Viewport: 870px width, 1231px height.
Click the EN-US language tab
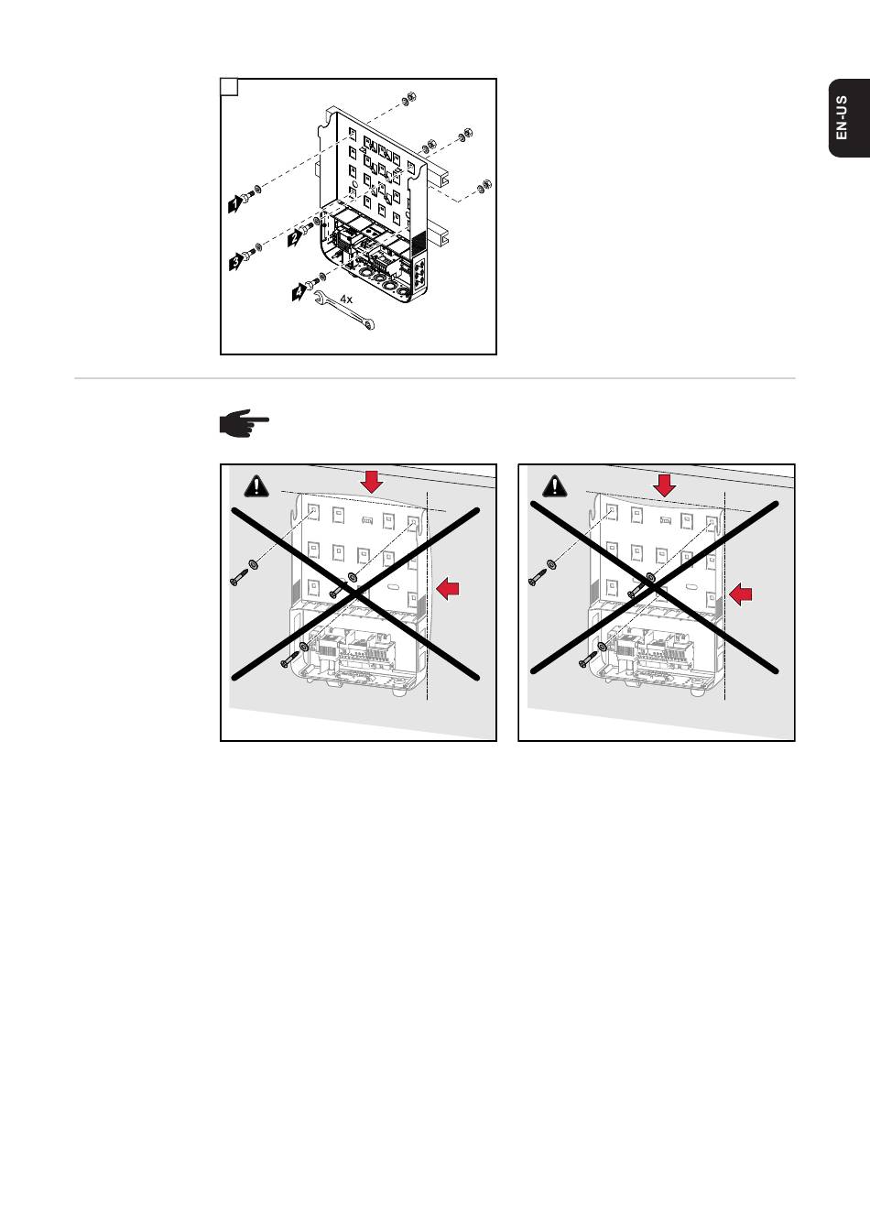pos(849,118)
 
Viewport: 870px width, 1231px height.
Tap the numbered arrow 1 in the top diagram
pos(235,204)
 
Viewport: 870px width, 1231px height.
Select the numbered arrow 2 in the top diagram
pos(295,237)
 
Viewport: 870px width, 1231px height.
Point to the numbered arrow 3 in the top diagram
pos(236,261)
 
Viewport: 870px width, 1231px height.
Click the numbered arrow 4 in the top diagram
pos(299,292)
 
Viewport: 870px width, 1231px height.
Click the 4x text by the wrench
pos(345,300)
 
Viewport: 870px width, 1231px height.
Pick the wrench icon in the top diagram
pos(344,311)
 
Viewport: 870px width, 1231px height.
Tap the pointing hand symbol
pos(244,422)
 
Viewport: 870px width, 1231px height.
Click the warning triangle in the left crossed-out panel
pos(256,486)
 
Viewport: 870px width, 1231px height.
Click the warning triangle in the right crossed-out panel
pos(555,485)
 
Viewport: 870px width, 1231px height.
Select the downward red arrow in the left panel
pos(372,482)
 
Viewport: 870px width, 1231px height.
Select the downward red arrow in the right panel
pos(665,485)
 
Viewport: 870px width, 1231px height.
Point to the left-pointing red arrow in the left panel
pos(448,589)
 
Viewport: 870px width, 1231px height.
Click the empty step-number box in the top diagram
pos(229,87)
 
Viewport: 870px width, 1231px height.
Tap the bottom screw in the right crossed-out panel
pos(588,659)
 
